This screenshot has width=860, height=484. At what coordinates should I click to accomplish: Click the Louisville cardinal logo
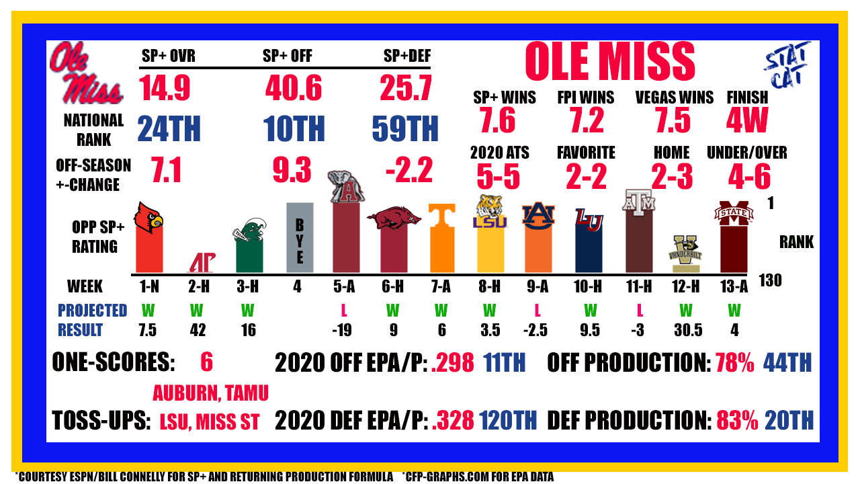click(148, 218)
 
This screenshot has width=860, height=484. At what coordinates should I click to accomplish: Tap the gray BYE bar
click(300, 237)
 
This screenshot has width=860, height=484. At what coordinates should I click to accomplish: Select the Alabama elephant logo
click(346, 187)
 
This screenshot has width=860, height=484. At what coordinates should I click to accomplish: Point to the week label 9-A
click(537, 286)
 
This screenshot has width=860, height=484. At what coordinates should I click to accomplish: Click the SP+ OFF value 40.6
click(294, 88)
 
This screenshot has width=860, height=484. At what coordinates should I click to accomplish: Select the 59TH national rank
click(405, 128)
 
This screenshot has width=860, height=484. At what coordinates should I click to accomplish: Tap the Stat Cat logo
click(787, 65)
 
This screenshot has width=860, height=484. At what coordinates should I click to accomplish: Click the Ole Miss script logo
click(86, 73)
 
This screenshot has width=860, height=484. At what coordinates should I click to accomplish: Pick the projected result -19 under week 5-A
click(342, 330)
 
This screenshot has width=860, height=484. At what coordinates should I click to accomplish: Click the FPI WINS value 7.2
click(587, 120)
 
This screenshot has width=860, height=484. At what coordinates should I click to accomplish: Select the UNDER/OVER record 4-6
click(749, 176)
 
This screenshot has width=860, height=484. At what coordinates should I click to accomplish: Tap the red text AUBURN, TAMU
click(210, 393)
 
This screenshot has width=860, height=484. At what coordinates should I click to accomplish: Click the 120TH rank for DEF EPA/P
click(508, 420)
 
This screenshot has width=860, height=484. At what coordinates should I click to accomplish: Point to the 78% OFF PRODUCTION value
click(735, 362)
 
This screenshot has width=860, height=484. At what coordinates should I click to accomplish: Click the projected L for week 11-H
click(640, 311)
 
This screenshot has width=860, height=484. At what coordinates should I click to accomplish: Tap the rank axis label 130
click(770, 281)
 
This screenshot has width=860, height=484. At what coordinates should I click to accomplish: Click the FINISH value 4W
click(746, 120)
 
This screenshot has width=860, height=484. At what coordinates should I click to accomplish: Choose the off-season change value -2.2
click(409, 170)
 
